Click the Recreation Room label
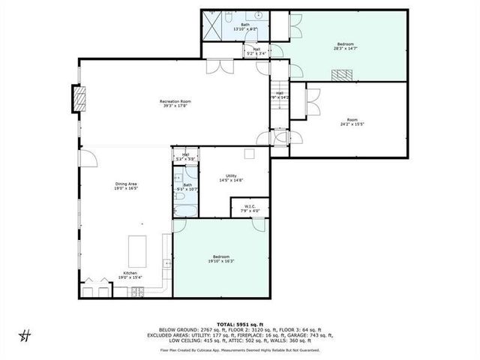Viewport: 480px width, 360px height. coord(175,103)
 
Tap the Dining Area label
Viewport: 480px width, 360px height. coord(126,186)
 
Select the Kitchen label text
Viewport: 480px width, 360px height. coord(130,275)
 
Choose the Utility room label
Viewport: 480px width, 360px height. coord(231,178)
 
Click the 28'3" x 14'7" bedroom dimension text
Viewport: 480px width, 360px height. coord(345,48)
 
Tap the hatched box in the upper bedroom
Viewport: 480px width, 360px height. coord(343,74)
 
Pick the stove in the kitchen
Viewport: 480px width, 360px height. coord(136,292)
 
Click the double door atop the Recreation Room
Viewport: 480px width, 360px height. coord(220,67)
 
